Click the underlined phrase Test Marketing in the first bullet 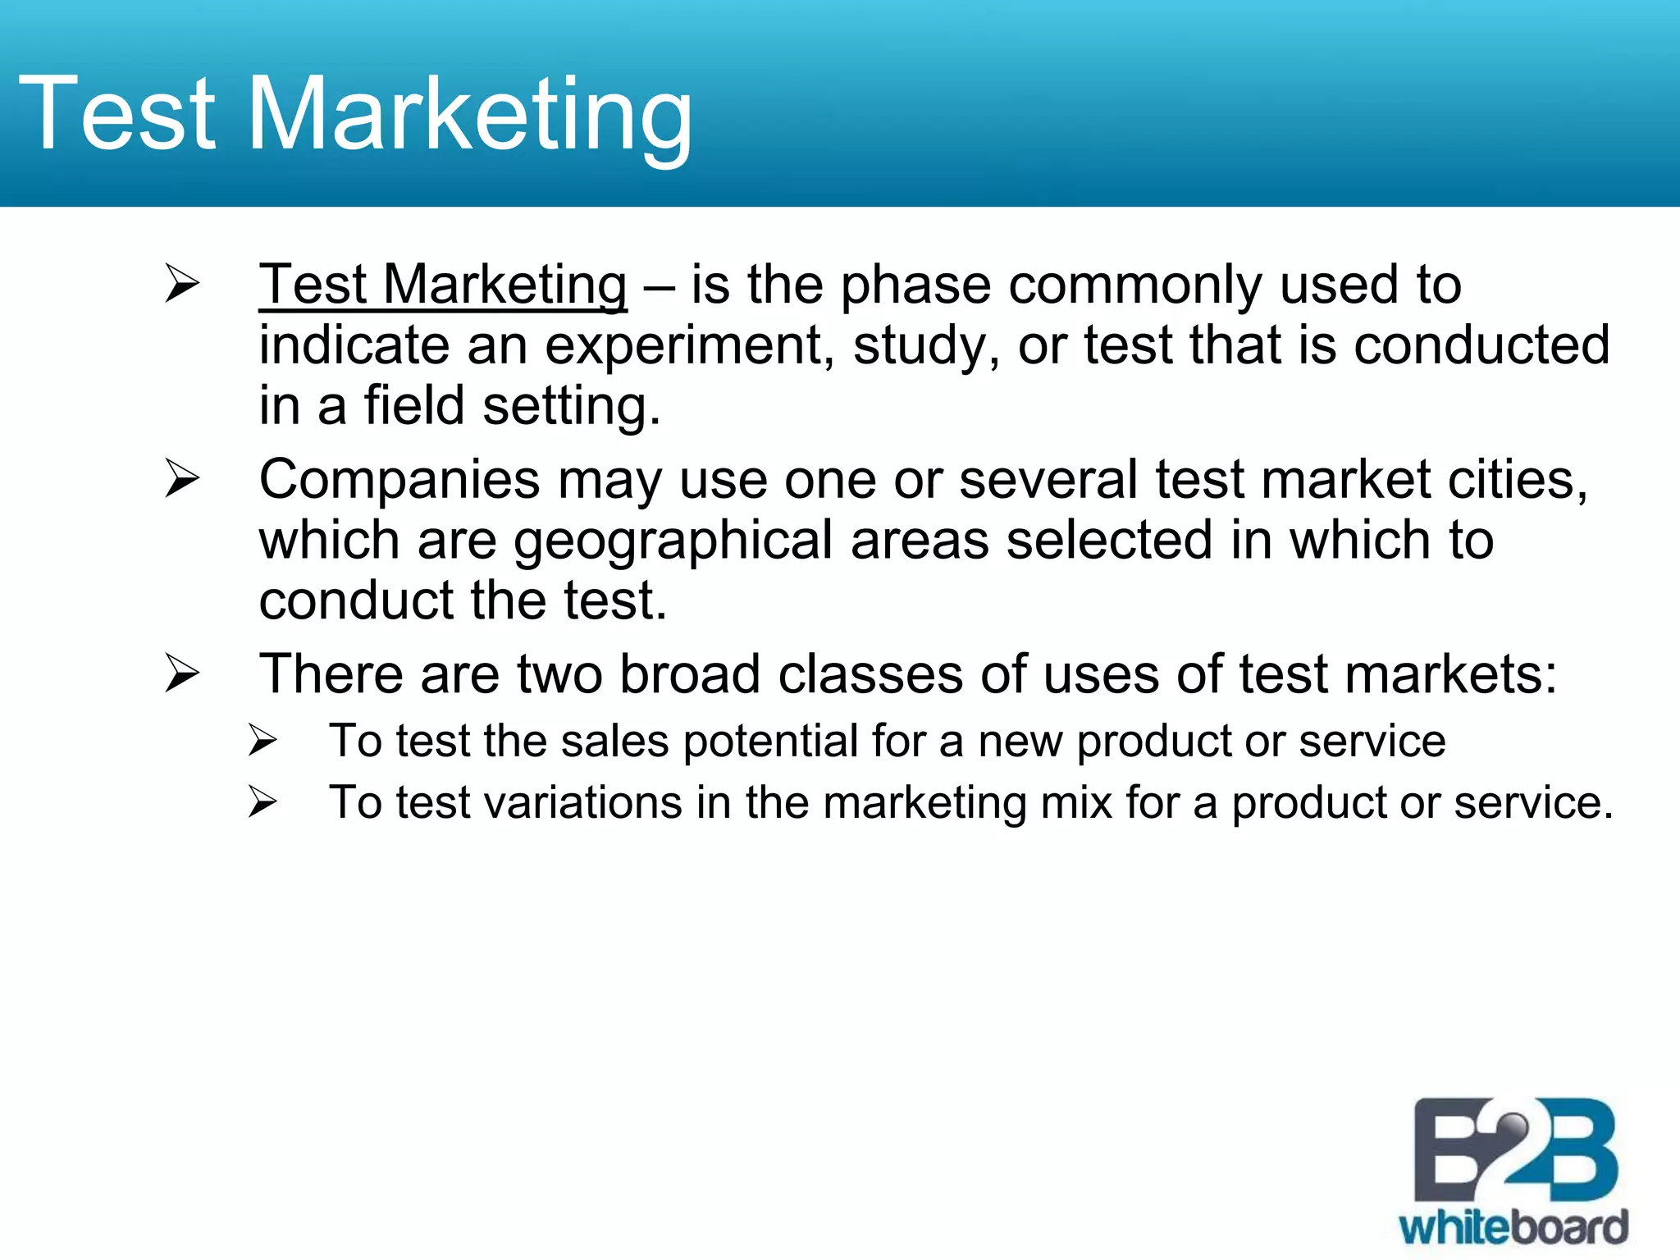point(443,285)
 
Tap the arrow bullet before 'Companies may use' point(181,478)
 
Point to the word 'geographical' point(673,541)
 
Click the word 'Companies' point(399,481)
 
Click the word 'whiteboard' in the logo point(1513,1227)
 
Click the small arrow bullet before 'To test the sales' point(262,741)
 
